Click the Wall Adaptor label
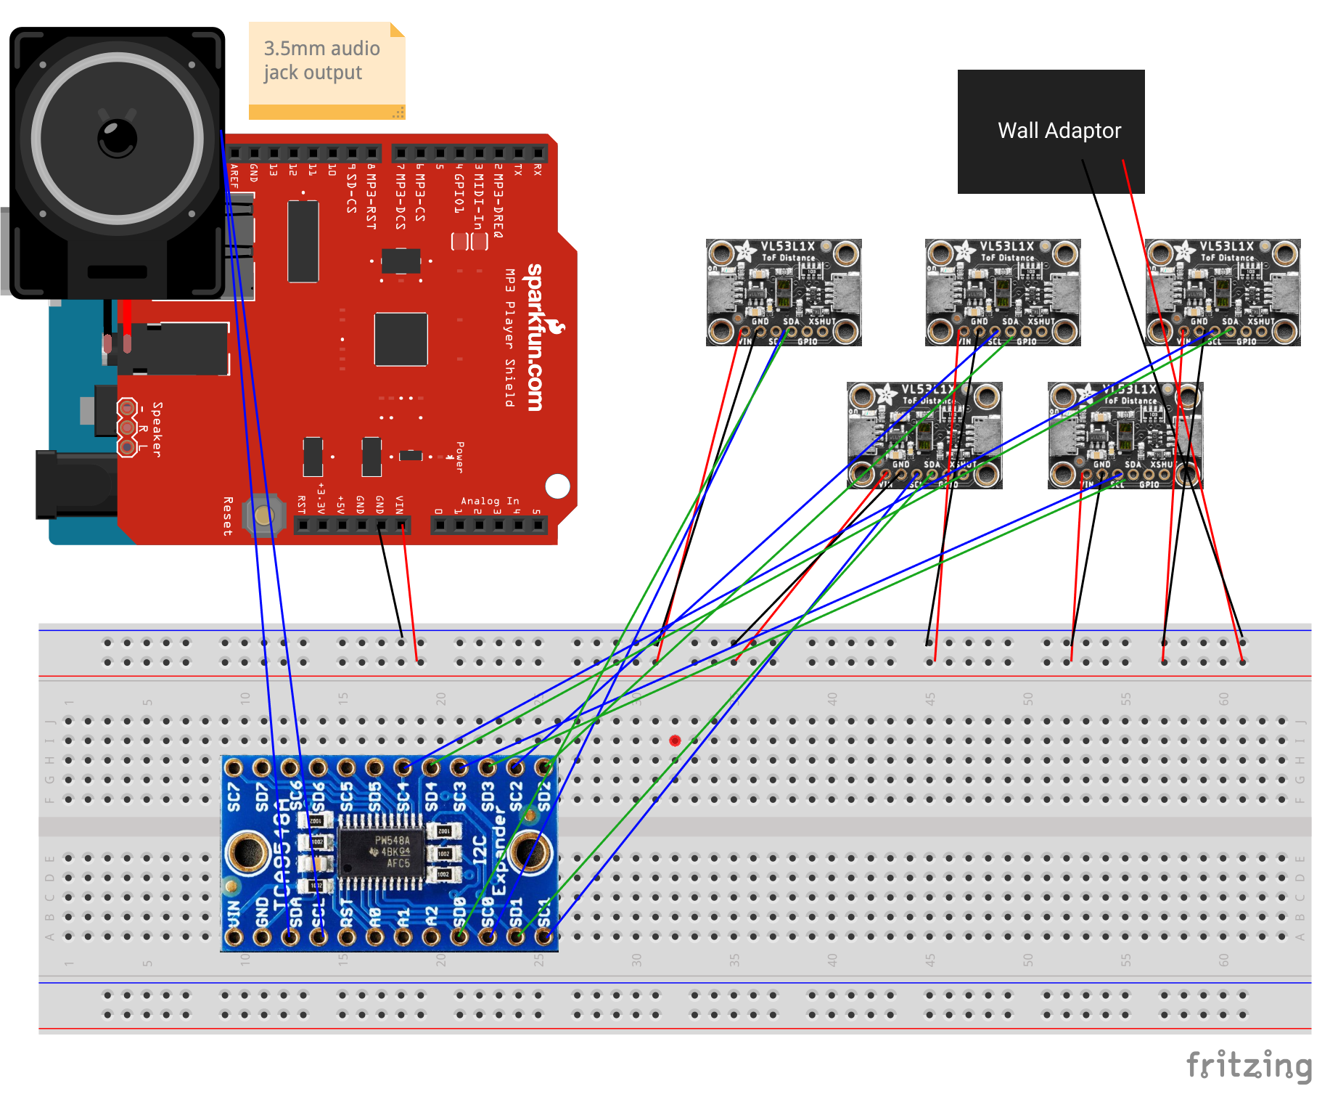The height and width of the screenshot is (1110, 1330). click(1059, 131)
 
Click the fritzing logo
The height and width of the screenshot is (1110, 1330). click(1249, 1066)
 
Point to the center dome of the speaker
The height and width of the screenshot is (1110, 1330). click(118, 138)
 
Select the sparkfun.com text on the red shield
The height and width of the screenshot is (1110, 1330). click(536, 338)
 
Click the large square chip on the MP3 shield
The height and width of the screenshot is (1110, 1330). click(401, 339)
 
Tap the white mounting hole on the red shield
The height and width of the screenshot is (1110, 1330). click(557, 486)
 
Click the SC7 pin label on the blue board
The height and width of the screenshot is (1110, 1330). click(234, 796)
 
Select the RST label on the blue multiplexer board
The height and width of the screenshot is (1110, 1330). click(347, 913)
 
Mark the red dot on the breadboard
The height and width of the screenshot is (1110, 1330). click(675, 740)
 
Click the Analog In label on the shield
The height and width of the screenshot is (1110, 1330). click(490, 500)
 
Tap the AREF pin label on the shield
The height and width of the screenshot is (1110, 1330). click(234, 176)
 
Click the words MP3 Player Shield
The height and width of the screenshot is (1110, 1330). click(510, 337)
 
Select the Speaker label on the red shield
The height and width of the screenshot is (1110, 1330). click(157, 429)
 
